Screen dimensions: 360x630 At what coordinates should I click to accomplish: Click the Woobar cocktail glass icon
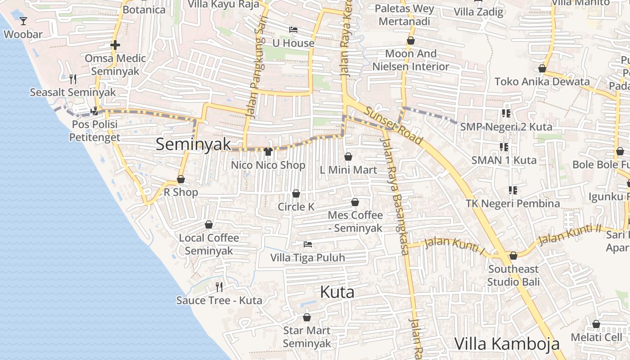[23, 21]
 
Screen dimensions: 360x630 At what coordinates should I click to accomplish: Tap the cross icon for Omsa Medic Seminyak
[115, 45]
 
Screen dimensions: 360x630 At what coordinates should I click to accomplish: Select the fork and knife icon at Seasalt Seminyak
[73, 79]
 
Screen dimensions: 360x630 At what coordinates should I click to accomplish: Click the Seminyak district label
[193, 144]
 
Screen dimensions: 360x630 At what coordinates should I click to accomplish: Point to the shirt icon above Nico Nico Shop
[268, 152]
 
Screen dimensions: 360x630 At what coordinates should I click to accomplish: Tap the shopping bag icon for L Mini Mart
[348, 157]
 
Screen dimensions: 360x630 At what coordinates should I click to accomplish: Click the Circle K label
[296, 207]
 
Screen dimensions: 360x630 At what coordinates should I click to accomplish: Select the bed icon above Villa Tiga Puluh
[308, 244]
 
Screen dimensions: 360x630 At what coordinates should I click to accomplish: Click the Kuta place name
[337, 292]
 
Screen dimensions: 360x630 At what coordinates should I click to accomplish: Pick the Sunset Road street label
[393, 126]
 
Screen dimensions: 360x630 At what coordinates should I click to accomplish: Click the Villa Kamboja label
[507, 344]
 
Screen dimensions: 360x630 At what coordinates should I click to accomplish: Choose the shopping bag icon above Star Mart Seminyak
[306, 317]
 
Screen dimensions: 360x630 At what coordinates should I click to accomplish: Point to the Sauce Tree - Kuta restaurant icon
[219, 287]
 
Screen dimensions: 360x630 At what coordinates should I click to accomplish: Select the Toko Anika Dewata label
[542, 81]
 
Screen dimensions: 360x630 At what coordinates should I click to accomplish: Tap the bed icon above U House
[293, 30]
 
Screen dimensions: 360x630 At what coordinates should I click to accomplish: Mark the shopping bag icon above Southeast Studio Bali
[513, 256]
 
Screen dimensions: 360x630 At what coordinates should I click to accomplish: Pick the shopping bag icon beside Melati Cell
[596, 324]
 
